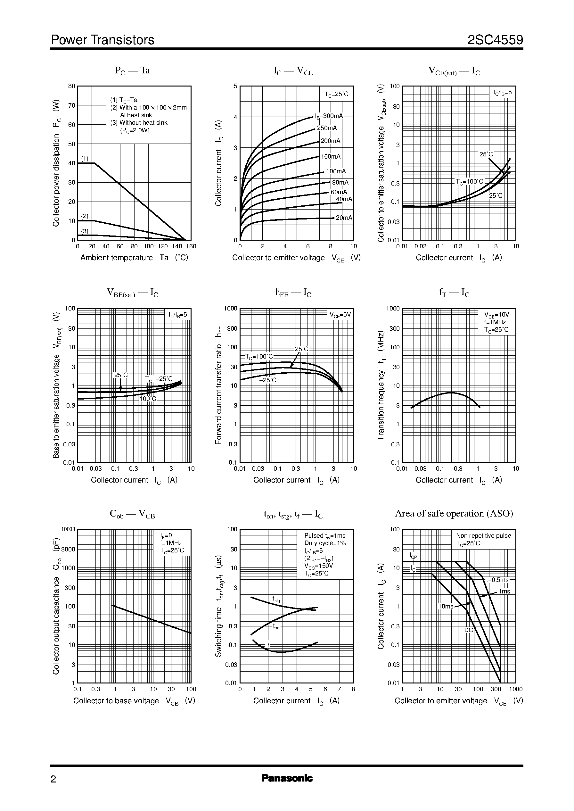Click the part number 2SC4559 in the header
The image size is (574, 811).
tap(495, 40)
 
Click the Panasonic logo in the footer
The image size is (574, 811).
tap(287, 778)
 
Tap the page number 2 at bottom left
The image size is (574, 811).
tap(53, 779)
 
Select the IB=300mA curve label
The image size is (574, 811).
tap(329, 116)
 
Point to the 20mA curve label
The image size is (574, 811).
tap(344, 218)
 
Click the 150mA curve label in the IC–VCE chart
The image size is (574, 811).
tap(331, 156)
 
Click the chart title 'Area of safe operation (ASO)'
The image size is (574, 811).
tap(454, 513)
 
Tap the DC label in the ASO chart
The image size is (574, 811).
tap(468, 630)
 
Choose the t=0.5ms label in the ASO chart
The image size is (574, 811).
tap(497, 580)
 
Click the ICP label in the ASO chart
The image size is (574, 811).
tap(413, 556)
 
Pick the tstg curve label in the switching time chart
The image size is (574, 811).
tap(276, 599)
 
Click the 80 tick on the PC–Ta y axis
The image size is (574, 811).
tap(72, 86)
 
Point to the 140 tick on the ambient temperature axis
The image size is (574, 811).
tap(177, 246)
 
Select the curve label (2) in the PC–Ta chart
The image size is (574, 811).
tap(85, 216)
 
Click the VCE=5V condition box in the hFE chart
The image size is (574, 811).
tap(340, 315)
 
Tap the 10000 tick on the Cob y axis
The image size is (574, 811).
tap(69, 530)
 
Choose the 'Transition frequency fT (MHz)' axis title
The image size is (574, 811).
tap(381, 385)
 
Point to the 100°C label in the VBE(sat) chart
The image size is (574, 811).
tap(148, 399)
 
